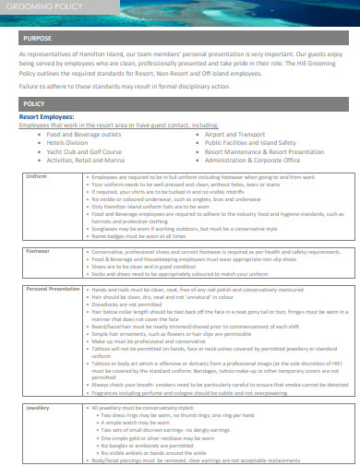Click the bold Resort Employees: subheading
(x=48, y=117)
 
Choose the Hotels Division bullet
(x=67, y=143)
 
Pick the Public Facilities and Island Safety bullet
(x=249, y=143)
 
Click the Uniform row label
(x=37, y=175)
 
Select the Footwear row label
(x=39, y=250)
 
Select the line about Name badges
(x=148, y=234)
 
